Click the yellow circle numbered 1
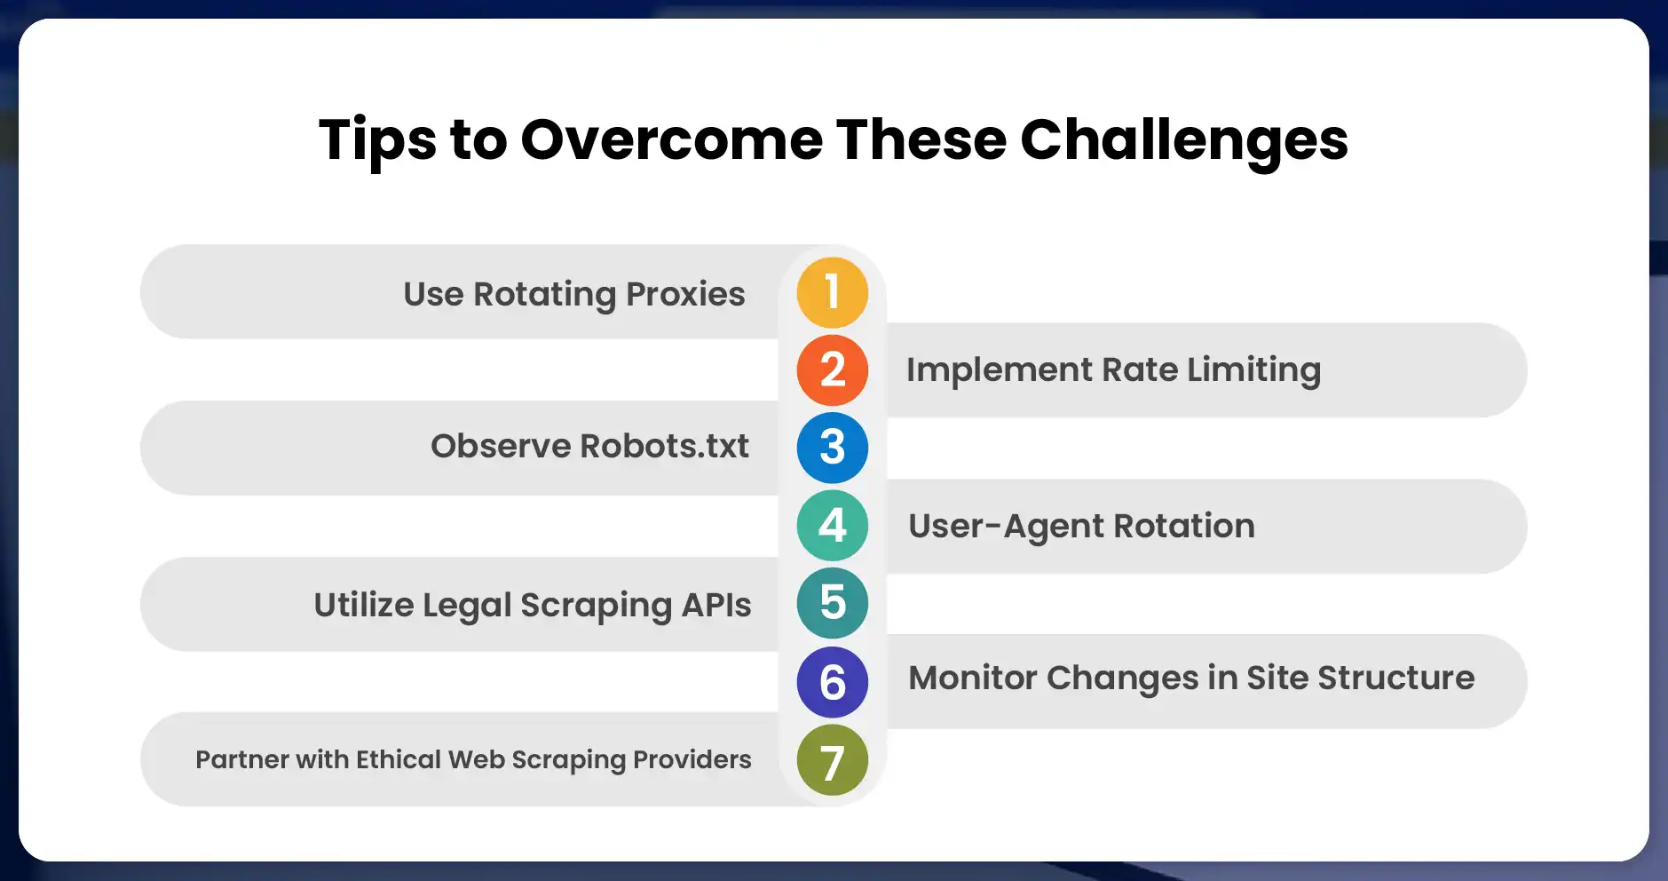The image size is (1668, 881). (832, 293)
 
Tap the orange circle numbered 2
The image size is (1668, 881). (832, 370)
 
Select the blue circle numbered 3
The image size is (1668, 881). (832, 447)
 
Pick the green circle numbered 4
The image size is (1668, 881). (832, 526)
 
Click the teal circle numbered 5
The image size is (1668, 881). (832, 603)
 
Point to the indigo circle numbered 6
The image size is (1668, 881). (832, 682)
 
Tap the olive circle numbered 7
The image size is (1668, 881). (832, 760)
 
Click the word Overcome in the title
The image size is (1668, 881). (671, 140)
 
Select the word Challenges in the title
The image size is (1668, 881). (1183, 140)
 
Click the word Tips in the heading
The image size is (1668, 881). (377, 140)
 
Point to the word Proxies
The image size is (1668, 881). (685, 294)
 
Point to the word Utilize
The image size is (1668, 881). (364, 605)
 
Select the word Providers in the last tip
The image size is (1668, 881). (692, 759)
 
